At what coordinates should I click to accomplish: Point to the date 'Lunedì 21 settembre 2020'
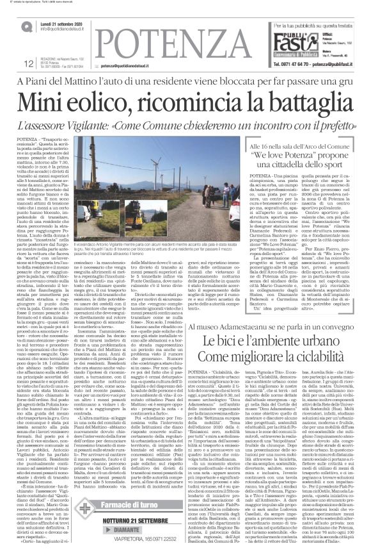[67, 22]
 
